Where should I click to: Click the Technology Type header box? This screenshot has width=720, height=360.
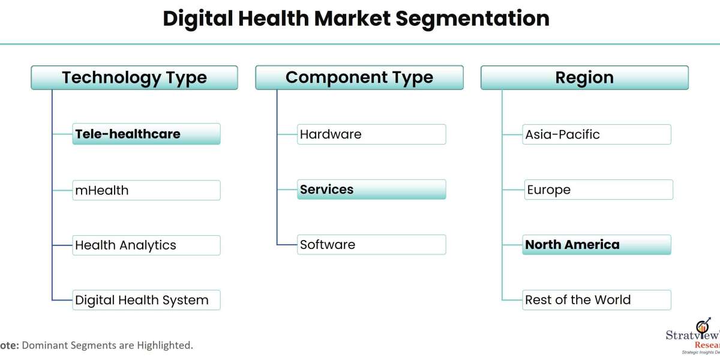pyautogui.click(x=134, y=78)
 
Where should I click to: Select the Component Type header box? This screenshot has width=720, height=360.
pyautogui.click(x=359, y=78)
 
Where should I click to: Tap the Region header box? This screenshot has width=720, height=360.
pyautogui.click(x=584, y=78)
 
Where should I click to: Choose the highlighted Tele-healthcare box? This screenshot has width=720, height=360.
pyautogui.click(x=146, y=134)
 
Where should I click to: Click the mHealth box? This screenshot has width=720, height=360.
pyautogui.click(x=146, y=190)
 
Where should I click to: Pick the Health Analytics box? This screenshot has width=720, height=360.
pyautogui.click(x=146, y=245)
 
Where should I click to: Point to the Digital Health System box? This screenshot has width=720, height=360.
pyautogui.click(x=146, y=300)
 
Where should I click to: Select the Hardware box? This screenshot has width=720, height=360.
pyautogui.click(x=371, y=134)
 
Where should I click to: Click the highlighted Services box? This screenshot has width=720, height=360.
pyautogui.click(x=371, y=190)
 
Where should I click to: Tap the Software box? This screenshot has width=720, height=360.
pyautogui.click(x=371, y=245)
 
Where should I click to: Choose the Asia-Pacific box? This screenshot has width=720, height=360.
pyautogui.click(x=596, y=134)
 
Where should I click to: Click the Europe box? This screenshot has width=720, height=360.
pyautogui.click(x=599, y=190)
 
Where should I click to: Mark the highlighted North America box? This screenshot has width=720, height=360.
pyautogui.click(x=596, y=245)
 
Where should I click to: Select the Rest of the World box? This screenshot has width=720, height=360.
pyautogui.click(x=596, y=300)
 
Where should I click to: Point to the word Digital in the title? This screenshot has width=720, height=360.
pyautogui.click(x=197, y=19)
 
